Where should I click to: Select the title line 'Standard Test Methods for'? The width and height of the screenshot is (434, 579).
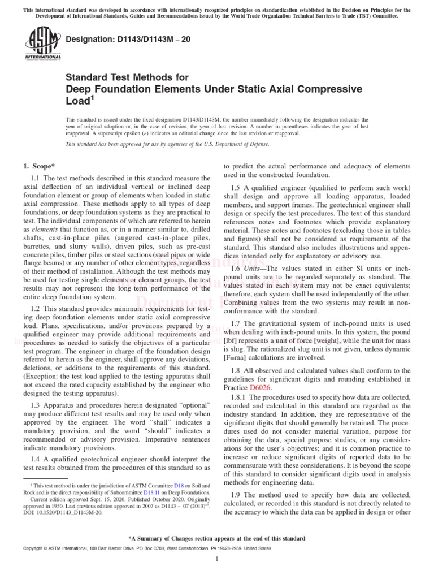pyautogui.click(x=127, y=77)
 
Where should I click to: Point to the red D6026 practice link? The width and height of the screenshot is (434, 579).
pyautogui.click(x=261, y=388)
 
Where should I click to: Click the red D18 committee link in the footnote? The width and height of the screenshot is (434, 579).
pyautogui.click(x=177, y=486)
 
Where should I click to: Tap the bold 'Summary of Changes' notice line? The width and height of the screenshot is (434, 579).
pyautogui.click(x=217, y=538)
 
